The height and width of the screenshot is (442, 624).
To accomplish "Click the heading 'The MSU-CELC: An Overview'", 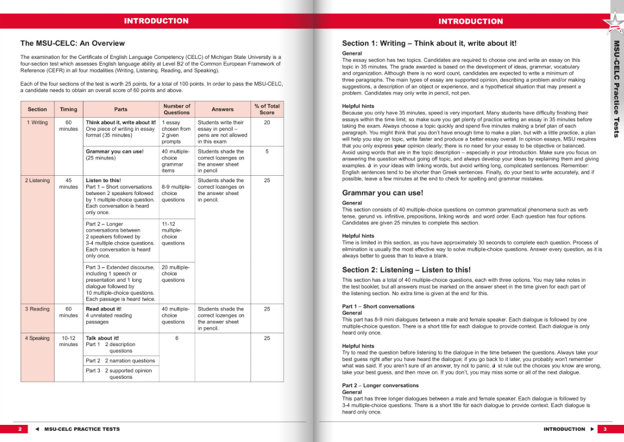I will coord(72,43).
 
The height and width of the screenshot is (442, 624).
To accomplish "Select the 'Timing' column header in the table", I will coord(68,109).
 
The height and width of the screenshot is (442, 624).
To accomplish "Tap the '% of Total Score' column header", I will coord(267,109).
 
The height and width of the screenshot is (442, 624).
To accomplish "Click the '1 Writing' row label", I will coord(37,122).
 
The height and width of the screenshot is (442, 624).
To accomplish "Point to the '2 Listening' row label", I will coord(37,181).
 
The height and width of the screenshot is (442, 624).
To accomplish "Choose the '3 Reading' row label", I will coord(37,309).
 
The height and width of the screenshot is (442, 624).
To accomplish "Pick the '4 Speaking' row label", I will coord(37,338).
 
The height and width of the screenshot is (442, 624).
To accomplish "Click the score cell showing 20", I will coord(267,122).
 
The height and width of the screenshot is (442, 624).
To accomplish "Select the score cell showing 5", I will coord(267,152).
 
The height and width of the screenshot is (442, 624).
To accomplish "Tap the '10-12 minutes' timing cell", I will coord(68,341).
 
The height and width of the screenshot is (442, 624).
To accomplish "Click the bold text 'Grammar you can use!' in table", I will coord(115,152).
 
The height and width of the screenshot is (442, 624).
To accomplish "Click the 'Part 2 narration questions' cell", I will coord(120,361).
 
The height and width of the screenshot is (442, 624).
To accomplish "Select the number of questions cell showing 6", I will coord(177,338).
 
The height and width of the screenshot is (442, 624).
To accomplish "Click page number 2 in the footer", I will coord(20,429).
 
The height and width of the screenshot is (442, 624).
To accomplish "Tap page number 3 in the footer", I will coord(604,429).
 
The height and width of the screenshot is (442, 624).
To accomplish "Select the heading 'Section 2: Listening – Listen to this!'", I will coord(406,270).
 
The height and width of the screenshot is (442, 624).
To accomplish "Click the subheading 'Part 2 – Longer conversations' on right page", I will coord(380,386).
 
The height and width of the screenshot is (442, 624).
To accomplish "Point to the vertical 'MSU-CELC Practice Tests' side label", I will coord(616,88).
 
